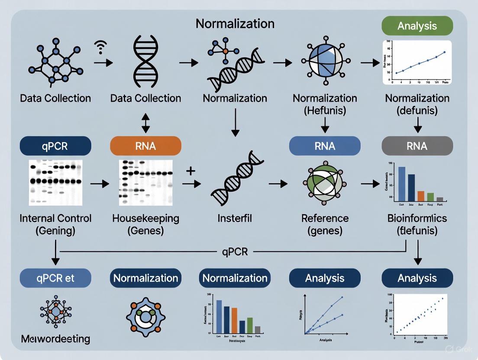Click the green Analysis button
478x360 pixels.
417,26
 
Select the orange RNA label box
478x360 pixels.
145,146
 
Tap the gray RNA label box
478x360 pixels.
417,146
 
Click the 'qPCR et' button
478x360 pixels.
55,278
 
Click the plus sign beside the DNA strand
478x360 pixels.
191,171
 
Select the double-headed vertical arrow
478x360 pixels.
145,123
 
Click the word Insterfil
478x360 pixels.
235,219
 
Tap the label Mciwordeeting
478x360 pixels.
55,338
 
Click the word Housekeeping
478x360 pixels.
145,218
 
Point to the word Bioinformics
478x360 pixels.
417,218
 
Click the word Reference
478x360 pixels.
325,218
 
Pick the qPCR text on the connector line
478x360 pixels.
234,251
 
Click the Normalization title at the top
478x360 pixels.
235,23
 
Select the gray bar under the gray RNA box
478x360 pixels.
439,199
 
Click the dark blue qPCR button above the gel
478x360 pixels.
55,146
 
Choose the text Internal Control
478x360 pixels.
55,218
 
